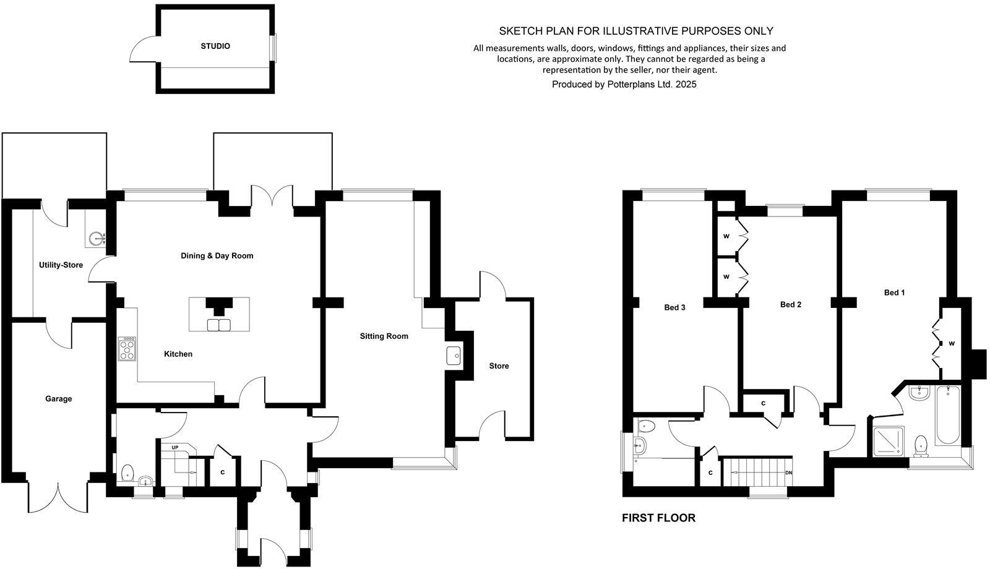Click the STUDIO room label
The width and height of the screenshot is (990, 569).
[215, 46]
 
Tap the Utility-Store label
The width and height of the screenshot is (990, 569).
[61, 265]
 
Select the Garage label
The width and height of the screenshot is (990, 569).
[58, 399]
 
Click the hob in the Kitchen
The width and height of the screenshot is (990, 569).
[127, 349]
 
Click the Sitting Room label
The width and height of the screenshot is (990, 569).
[384, 336]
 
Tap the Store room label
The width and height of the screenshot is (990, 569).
[499, 366]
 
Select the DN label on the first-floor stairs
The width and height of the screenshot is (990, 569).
[788, 473]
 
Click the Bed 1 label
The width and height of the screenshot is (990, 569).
[894, 293]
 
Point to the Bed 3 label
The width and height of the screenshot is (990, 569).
[674, 307]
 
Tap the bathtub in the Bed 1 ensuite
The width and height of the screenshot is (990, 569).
[947, 414]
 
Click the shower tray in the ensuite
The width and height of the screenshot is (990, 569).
[889, 441]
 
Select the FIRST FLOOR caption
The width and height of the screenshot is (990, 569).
[658, 518]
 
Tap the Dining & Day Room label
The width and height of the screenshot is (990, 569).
[217, 255]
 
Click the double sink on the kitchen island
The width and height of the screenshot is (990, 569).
[218, 325]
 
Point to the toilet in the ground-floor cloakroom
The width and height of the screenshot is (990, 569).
[128, 473]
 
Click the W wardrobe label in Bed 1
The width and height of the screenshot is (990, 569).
[951, 344]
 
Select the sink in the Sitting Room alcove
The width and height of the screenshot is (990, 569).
[454, 356]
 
